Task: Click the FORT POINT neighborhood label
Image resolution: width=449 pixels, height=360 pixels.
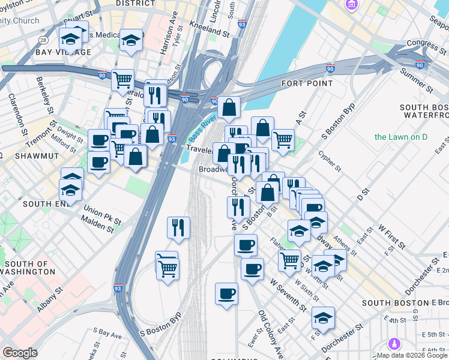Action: click(x=307, y=83)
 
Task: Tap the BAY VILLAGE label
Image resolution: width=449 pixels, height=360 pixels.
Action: click(x=63, y=52)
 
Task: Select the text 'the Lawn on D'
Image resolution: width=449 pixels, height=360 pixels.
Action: click(x=400, y=137)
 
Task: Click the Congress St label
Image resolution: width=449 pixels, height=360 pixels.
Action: click(x=427, y=43)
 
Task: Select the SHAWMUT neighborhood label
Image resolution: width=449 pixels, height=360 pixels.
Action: click(x=25, y=156)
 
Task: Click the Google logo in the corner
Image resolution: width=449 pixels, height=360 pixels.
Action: click(x=20, y=353)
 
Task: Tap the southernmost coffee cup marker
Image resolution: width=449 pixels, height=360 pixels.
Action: click(x=226, y=293)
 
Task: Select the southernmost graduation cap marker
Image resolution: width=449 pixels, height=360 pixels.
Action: click(x=323, y=319)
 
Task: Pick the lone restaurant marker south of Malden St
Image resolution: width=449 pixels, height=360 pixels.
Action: click(x=179, y=227)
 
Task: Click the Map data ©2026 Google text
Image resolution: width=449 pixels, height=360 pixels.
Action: click(x=412, y=355)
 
